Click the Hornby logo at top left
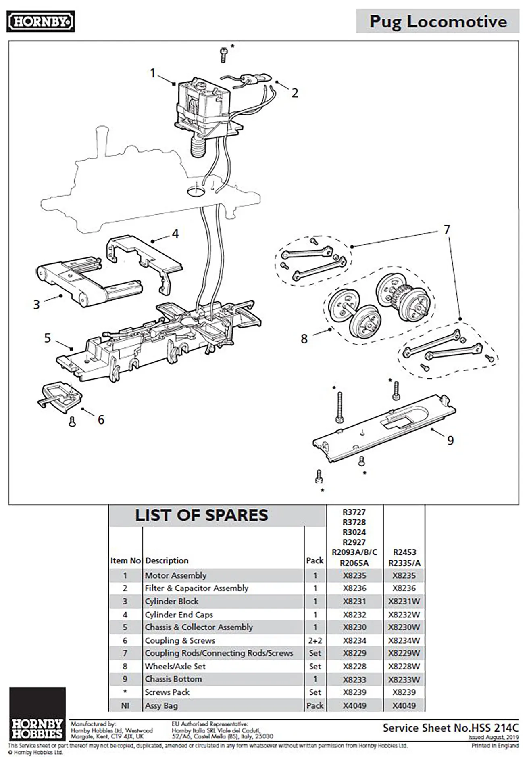click(41, 21)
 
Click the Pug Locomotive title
click(438, 21)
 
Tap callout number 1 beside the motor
click(152, 73)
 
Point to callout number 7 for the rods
click(446, 229)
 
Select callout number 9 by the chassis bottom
click(450, 440)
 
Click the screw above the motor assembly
click(224, 54)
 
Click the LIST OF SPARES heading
click(201, 515)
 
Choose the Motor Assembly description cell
click(175, 575)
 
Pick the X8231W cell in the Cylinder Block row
click(404, 601)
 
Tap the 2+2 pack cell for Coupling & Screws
click(315, 640)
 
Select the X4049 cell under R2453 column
click(404, 705)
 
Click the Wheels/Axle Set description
click(175, 666)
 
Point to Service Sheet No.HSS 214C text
click(450, 728)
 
